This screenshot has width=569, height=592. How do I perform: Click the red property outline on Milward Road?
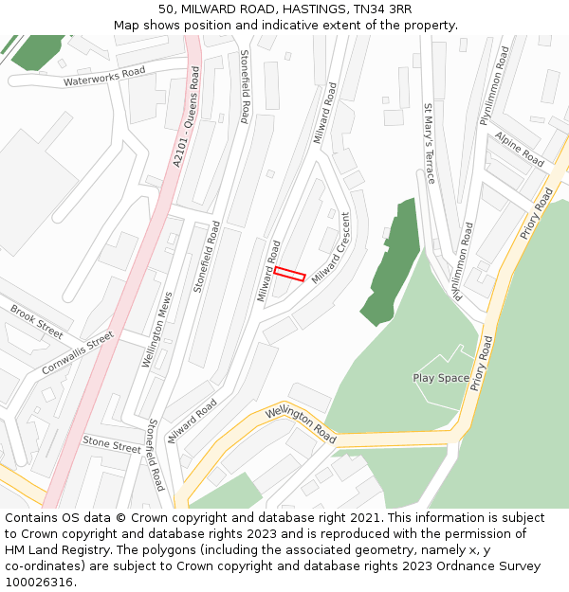(289, 275)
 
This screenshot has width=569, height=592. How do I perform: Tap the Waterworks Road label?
(104, 77)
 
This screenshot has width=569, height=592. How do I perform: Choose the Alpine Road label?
(519, 149)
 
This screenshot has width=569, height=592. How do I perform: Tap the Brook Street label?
(36, 321)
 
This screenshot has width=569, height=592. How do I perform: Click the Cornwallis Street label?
(78, 352)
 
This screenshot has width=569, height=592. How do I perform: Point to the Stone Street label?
(111, 441)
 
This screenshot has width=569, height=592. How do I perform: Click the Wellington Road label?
(302, 424)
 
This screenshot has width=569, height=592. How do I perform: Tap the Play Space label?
(441, 378)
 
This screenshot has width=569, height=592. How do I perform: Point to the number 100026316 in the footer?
(38, 582)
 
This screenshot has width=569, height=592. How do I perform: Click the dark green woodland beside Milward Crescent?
(391, 265)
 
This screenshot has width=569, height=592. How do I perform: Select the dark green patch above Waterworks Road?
(38, 51)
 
